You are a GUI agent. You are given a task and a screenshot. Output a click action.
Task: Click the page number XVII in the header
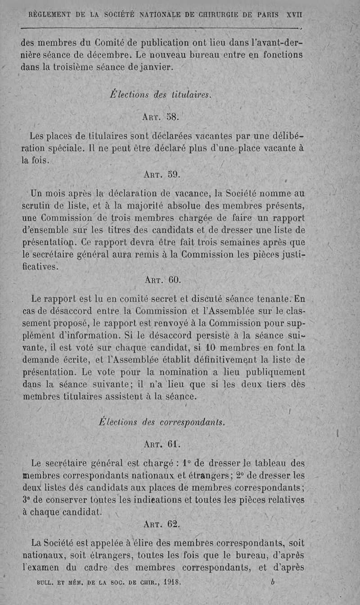(294, 14)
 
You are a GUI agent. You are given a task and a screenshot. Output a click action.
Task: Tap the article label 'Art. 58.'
(161, 117)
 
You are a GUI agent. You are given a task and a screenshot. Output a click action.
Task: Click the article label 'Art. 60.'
(163, 280)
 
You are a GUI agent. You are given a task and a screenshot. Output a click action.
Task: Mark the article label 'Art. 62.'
(161, 524)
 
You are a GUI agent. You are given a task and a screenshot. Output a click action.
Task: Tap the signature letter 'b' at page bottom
(273, 581)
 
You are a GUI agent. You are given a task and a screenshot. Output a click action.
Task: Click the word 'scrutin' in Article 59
(39, 207)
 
